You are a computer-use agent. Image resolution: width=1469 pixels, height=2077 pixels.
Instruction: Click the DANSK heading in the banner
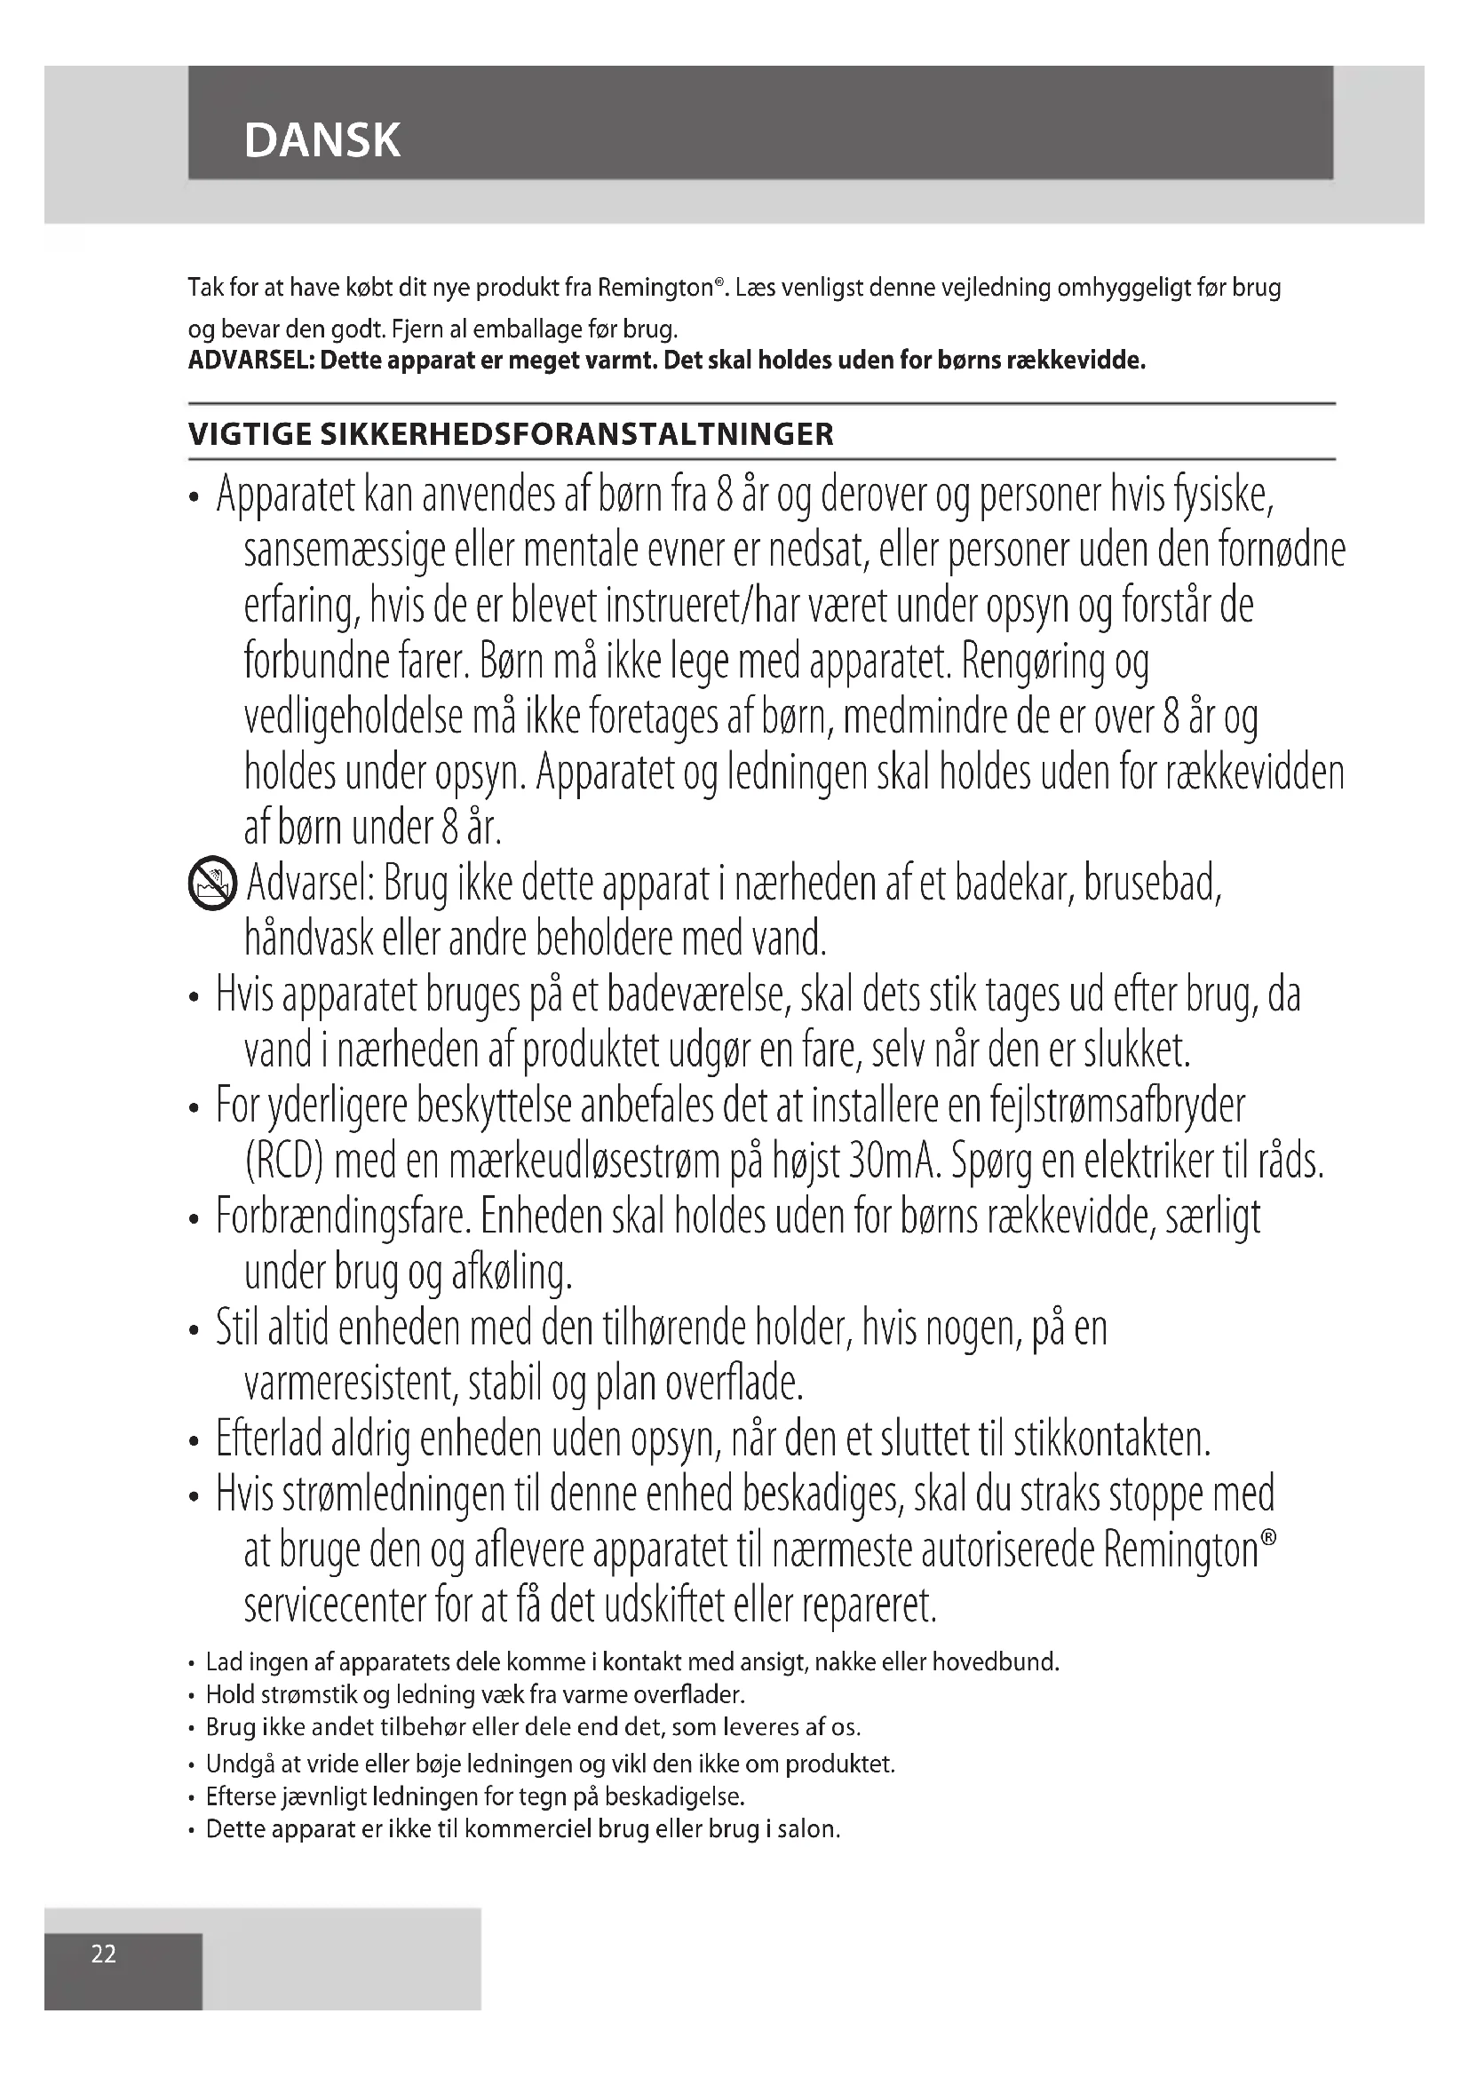(x=322, y=140)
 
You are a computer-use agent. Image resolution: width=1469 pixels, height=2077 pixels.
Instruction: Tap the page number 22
(x=104, y=1954)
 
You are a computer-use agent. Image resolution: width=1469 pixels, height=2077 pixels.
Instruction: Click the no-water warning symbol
(x=210, y=884)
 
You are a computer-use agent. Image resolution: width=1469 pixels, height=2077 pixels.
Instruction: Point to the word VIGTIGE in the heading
(x=248, y=435)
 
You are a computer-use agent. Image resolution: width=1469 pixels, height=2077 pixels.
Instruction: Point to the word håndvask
(x=308, y=939)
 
